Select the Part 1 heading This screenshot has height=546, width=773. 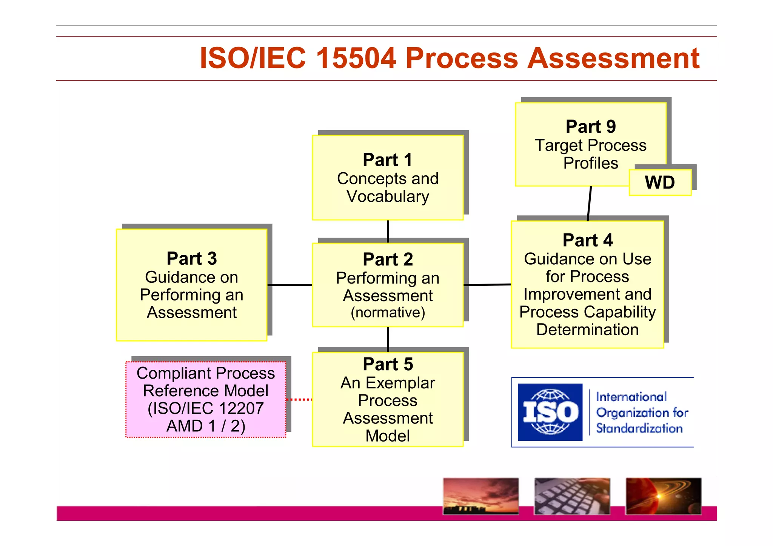point(387,160)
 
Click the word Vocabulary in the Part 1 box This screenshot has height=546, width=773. point(388,196)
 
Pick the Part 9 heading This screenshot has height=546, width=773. point(590,127)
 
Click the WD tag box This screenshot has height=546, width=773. point(660,183)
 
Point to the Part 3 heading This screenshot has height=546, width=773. point(192,259)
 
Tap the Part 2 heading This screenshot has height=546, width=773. point(388,259)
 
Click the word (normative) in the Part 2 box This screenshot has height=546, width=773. point(388,313)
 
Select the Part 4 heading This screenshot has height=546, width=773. point(587,240)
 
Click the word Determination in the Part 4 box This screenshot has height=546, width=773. point(587,330)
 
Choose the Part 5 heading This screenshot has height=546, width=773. point(388,364)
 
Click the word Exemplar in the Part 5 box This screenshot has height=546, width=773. point(400,383)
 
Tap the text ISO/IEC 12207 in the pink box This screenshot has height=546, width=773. point(206,408)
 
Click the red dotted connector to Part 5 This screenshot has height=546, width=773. point(299,399)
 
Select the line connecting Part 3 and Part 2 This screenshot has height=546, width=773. point(289,285)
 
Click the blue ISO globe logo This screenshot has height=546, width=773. point(550,412)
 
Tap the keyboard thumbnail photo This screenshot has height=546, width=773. point(572,496)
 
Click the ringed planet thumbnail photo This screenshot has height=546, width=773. point(663,496)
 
